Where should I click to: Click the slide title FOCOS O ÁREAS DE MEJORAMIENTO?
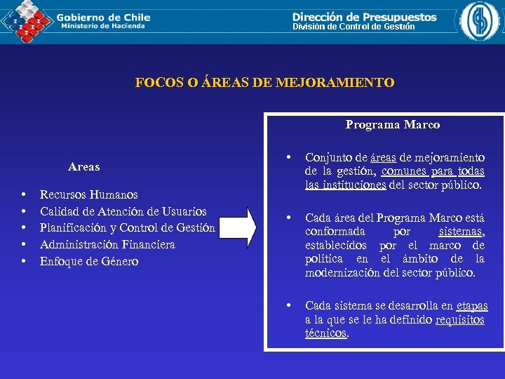tap(264, 83)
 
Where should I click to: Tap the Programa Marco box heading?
tap(392, 125)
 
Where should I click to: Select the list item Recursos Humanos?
tap(88, 194)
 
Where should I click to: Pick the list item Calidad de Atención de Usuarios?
tap(123, 211)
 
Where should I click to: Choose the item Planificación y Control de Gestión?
tap(127, 227)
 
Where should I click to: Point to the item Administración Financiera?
tap(107, 244)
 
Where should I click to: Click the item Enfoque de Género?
tap(89, 261)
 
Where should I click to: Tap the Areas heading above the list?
tap(83, 167)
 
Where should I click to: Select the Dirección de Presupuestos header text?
tap(364, 17)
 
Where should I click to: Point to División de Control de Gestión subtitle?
tap(353, 27)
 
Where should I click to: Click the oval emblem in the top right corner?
tap(482, 22)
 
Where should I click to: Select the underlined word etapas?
tap(471, 306)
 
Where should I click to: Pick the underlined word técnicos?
tap(326, 333)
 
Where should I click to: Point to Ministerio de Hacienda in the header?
tap(103, 26)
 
